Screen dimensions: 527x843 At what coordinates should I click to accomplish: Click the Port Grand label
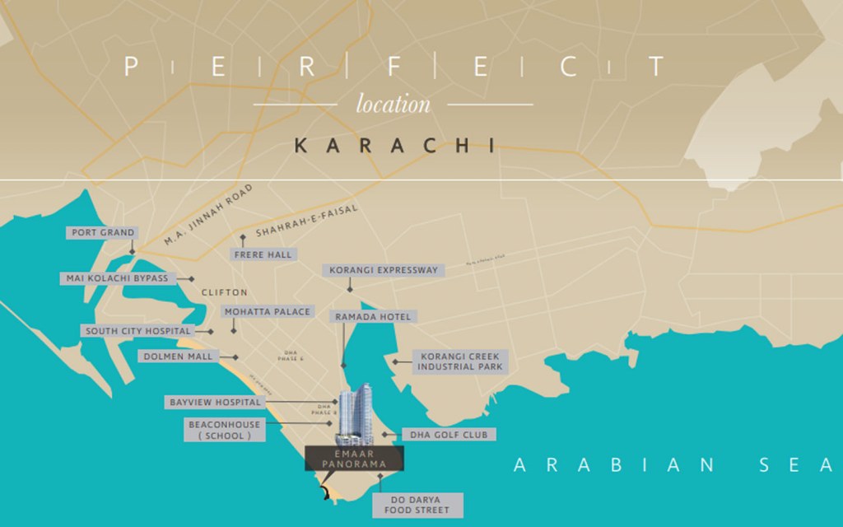coord(103,233)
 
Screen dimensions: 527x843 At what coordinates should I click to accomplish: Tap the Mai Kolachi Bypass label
coord(117,278)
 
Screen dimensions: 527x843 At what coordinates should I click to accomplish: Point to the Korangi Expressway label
coord(384,270)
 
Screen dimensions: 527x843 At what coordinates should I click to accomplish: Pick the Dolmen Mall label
coord(178,357)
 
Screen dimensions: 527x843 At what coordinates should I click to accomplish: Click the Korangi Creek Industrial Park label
coord(459,361)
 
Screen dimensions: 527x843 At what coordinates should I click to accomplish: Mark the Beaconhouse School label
coord(225,430)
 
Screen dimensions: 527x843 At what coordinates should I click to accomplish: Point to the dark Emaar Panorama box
coord(355,459)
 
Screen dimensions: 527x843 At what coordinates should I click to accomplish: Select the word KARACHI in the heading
coord(394,146)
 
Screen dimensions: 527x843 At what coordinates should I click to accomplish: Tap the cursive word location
coord(393,105)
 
